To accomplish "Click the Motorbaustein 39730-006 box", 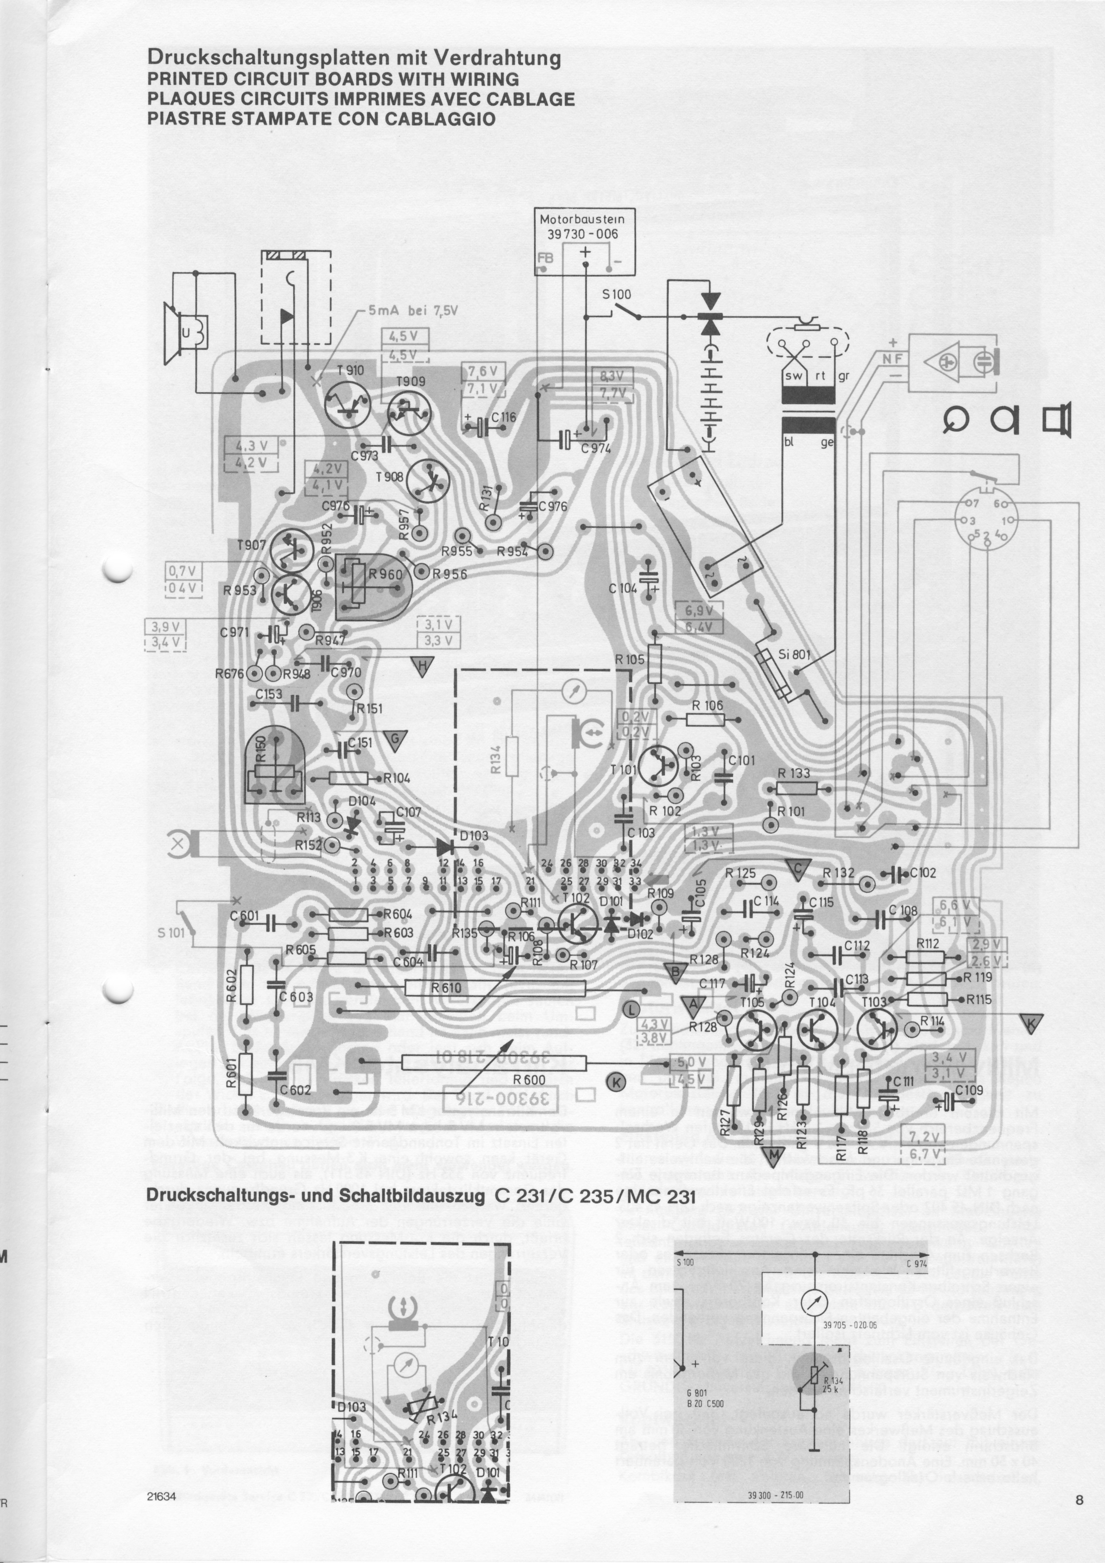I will coord(585,242).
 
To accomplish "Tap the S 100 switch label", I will coord(617,295).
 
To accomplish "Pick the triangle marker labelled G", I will coord(395,741).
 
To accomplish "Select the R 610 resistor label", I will coord(446,988).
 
